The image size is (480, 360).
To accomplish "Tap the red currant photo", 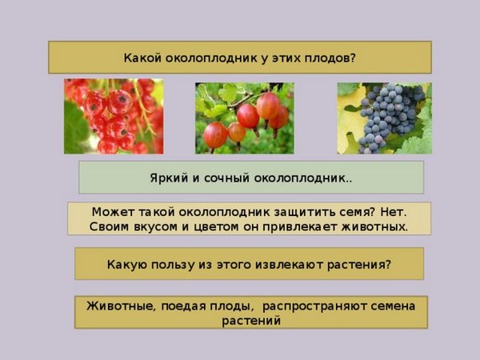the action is click(114, 116).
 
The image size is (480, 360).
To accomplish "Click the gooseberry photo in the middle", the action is click(245, 118).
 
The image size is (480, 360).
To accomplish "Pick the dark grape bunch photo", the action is click(385, 118).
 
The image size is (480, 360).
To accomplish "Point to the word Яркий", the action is click(169, 178).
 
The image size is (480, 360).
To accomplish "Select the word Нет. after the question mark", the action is click(394, 212).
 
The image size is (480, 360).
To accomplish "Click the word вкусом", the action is click(155, 227).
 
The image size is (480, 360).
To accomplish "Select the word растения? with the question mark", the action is click(359, 265).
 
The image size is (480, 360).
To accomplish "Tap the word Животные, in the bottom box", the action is click(122, 306).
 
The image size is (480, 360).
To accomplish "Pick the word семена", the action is click(393, 306).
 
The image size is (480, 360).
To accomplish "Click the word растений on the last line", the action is click(251, 322).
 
